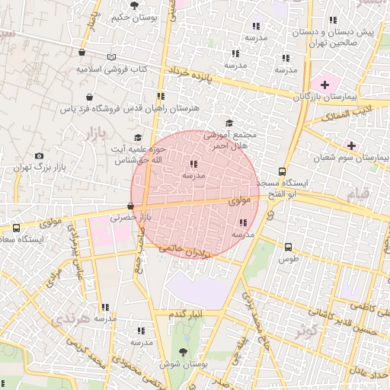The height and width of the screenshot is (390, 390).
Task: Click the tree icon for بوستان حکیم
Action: pos(135,5)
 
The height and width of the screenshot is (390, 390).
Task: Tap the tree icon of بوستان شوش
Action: pos(183,351)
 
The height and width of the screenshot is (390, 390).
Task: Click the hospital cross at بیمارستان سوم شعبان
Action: pos(351,145)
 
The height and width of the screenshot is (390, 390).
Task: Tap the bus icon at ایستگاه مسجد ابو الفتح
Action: pos(283,171)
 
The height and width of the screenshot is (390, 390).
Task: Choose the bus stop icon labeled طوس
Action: pos(288,247)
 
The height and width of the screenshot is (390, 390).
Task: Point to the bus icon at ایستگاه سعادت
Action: pos(17,228)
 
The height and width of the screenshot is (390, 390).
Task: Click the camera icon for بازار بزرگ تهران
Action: pos(40,156)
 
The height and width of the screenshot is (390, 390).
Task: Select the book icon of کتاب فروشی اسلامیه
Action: pos(113,57)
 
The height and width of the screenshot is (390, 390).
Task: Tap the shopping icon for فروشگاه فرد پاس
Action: pos(91,97)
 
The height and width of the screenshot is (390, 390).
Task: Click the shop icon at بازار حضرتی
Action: pos(131,206)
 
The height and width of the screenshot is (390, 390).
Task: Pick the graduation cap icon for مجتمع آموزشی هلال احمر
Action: pos(229,123)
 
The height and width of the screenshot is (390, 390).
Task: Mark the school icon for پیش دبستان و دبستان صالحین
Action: pos(332,21)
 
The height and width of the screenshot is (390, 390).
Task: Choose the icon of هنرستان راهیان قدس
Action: pos(160,96)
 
